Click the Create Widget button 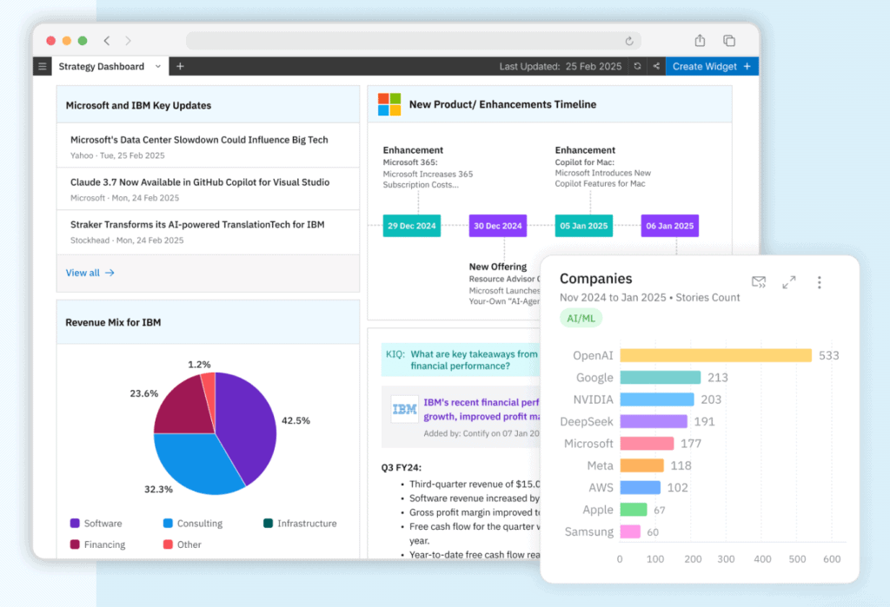click(x=711, y=66)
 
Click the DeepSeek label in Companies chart click(x=588, y=421)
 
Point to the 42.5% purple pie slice click(x=248, y=417)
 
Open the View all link click(x=90, y=273)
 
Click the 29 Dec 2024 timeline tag click(x=412, y=226)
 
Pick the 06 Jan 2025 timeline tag click(x=669, y=226)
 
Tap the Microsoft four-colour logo click(x=389, y=104)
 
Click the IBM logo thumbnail click(x=404, y=408)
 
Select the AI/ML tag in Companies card click(x=581, y=318)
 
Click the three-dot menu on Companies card click(x=819, y=282)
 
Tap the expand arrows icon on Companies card click(x=788, y=282)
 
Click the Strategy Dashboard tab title click(x=102, y=66)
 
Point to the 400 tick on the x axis click(x=761, y=559)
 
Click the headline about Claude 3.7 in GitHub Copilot click(x=200, y=182)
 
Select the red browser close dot click(x=50, y=41)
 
